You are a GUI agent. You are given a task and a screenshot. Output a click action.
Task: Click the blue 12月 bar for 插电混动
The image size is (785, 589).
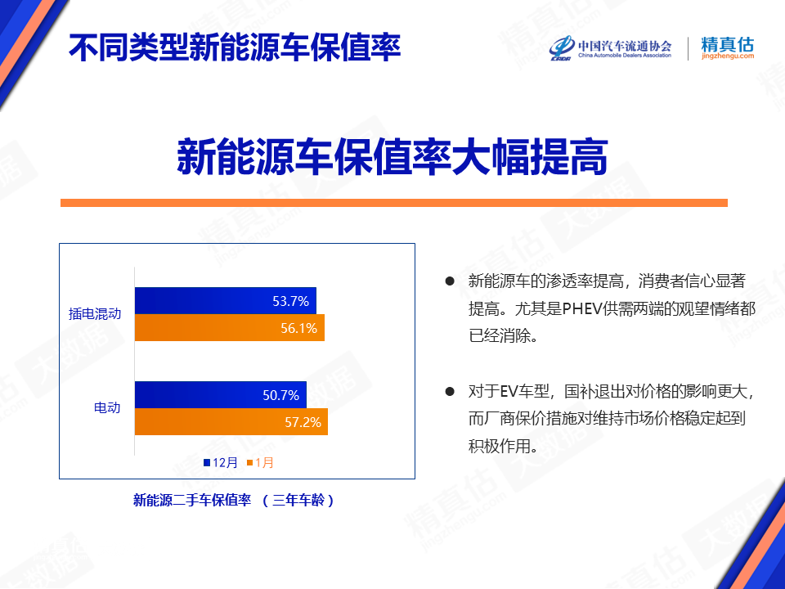(x=226, y=300)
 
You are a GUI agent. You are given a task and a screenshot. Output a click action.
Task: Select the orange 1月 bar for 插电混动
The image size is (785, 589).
(x=229, y=327)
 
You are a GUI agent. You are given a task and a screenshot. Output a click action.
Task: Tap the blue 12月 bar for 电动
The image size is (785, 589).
(x=220, y=394)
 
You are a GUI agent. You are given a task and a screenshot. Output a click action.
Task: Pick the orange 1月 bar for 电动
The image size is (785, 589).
(x=231, y=422)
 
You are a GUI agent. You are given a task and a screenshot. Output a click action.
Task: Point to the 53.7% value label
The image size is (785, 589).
(x=290, y=301)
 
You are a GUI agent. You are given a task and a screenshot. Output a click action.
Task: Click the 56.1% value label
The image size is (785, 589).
(x=299, y=328)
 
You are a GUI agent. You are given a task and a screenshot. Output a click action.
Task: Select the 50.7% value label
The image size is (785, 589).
(x=280, y=395)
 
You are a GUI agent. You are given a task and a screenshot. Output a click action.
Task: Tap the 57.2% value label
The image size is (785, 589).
(x=303, y=422)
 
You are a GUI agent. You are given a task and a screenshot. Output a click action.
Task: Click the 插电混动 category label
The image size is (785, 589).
(x=95, y=314)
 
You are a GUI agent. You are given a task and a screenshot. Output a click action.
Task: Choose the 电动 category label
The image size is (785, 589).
(x=108, y=407)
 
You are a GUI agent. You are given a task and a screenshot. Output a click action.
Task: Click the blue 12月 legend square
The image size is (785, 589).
(x=207, y=463)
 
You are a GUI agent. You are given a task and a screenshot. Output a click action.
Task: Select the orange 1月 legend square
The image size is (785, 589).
(x=250, y=463)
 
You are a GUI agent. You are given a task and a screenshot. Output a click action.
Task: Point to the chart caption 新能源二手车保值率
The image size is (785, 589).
(x=192, y=500)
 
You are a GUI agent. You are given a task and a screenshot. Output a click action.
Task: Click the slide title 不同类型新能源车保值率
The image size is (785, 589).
(x=235, y=47)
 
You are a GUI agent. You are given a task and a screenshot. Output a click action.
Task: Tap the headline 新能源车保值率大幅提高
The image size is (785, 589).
(x=392, y=157)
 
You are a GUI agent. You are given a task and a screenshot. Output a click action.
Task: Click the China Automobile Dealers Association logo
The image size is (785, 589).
(x=610, y=48)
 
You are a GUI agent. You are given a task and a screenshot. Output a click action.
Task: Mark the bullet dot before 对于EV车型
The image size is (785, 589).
(x=450, y=391)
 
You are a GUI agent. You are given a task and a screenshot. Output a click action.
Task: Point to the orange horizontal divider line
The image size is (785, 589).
(x=394, y=203)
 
